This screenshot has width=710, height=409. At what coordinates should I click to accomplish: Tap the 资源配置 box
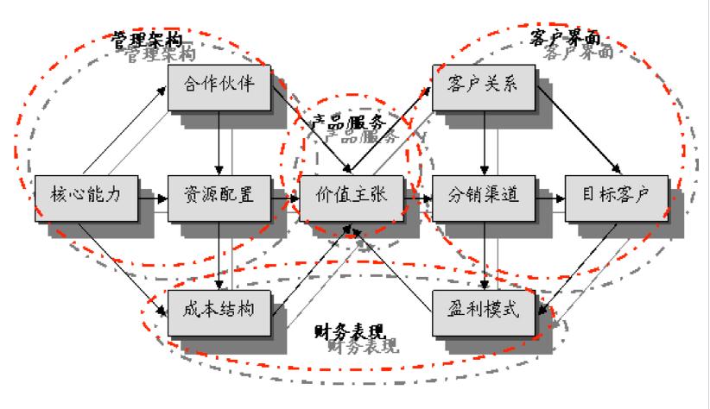point(219,196)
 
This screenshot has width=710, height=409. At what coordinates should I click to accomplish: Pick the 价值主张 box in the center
point(352,196)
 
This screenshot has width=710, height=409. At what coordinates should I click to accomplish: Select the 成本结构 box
point(219,311)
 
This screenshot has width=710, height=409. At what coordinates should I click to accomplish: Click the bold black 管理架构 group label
point(148,39)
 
